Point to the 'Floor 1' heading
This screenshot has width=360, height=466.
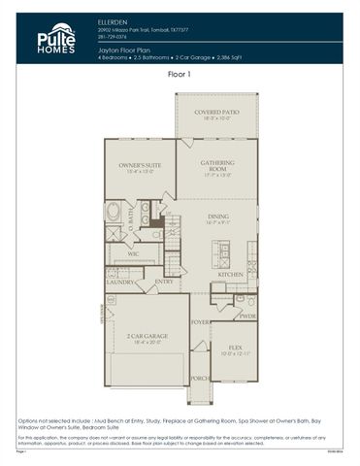coord(180,74)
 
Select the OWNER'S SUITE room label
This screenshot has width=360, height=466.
coord(140,167)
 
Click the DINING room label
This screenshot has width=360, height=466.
coord(218,217)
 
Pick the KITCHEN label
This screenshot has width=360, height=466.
coord(230,276)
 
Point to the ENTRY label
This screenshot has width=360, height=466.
coord(164,283)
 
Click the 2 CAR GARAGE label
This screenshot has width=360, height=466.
coord(147,336)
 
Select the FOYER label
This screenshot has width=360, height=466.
coord(200,321)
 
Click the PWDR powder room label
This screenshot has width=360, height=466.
coord(246,316)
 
